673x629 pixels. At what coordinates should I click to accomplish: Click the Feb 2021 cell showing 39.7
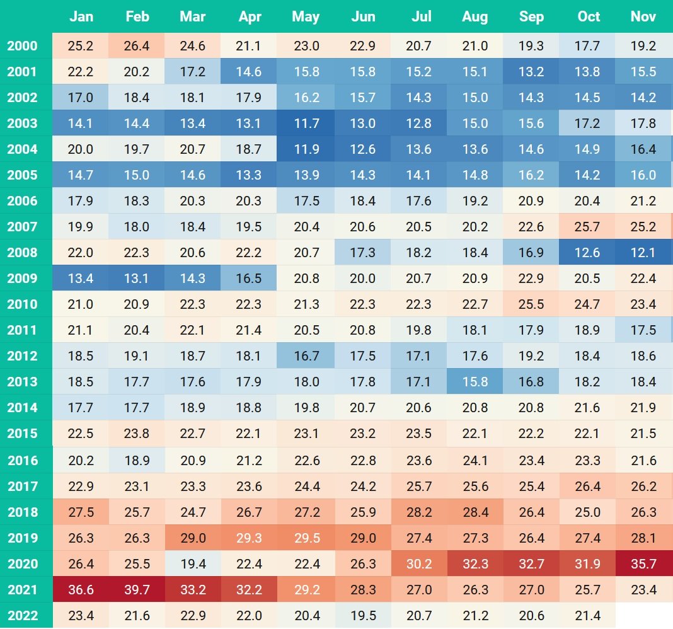click(x=137, y=590)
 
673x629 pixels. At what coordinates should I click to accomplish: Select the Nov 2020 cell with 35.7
click(x=643, y=564)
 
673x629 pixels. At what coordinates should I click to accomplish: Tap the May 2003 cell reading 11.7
click(x=306, y=124)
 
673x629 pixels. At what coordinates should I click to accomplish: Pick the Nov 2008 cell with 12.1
click(x=643, y=253)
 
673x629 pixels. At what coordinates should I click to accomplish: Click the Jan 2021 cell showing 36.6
click(x=81, y=590)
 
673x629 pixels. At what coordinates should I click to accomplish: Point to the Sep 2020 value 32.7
click(x=531, y=564)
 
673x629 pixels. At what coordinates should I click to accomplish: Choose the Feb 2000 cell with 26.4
click(x=137, y=46)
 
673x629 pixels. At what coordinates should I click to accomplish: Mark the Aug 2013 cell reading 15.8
click(x=475, y=382)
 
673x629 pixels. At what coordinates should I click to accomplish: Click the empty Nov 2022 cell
click(x=643, y=616)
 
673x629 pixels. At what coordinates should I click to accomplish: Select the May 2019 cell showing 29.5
click(x=306, y=538)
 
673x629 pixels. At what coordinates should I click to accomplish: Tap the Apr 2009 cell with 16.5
click(x=250, y=279)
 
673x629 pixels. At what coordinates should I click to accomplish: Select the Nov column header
click(x=643, y=17)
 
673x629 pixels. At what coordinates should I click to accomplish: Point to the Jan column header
click(x=81, y=17)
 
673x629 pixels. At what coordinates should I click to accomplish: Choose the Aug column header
click(x=475, y=17)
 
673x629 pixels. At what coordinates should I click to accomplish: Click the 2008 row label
click(x=23, y=253)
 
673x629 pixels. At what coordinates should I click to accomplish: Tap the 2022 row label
click(x=23, y=616)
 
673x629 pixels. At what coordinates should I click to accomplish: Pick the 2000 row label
click(x=23, y=46)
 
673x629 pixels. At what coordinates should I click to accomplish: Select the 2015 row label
click(x=23, y=434)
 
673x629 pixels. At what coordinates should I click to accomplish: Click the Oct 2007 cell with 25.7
click(x=588, y=227)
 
